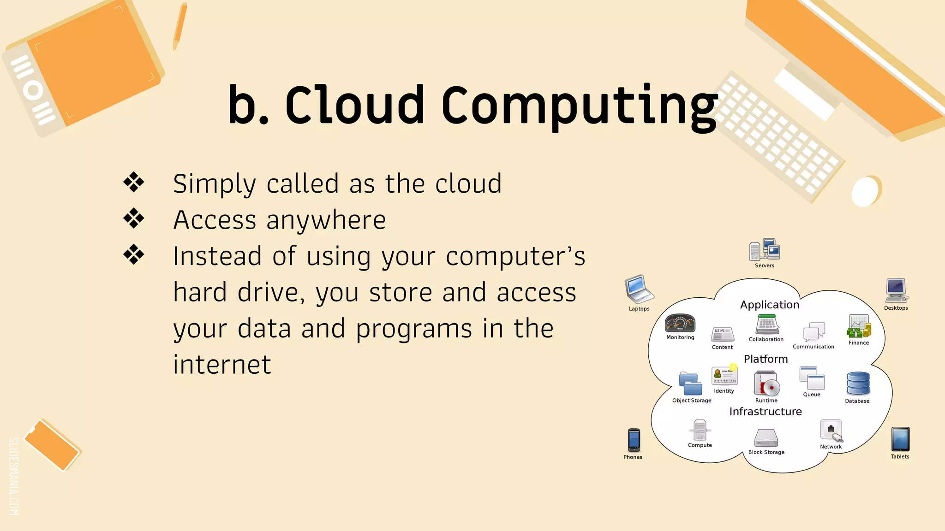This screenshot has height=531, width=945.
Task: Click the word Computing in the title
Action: (x=579, y=106)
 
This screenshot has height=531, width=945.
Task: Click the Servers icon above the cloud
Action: (x=765, y=249)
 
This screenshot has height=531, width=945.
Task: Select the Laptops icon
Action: (x=639, y=289)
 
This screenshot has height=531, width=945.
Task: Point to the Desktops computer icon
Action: (x=896, y=290)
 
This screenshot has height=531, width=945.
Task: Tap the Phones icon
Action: (x=634, y=440)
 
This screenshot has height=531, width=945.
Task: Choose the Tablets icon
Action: (x=900, y=439)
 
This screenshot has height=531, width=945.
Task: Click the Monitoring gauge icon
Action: (x=680, y=323)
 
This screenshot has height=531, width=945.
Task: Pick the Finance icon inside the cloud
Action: (x=859, y=326)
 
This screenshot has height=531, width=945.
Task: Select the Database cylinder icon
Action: (x=858, y=383)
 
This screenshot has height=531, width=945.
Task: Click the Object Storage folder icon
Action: (x=690, y=383)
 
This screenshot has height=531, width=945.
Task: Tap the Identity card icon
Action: (x=724, y=376)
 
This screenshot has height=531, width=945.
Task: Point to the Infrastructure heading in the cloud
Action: (x=766, y=412)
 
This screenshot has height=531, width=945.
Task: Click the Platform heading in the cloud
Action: (x=766, y=359)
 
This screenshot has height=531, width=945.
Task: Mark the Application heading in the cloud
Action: (x=770, y=305)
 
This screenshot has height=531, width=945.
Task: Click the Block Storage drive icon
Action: (x=766, y=438)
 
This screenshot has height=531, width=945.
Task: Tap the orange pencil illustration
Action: (x=179, y=26)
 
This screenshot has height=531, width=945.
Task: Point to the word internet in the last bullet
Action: (x=222, y=365)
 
